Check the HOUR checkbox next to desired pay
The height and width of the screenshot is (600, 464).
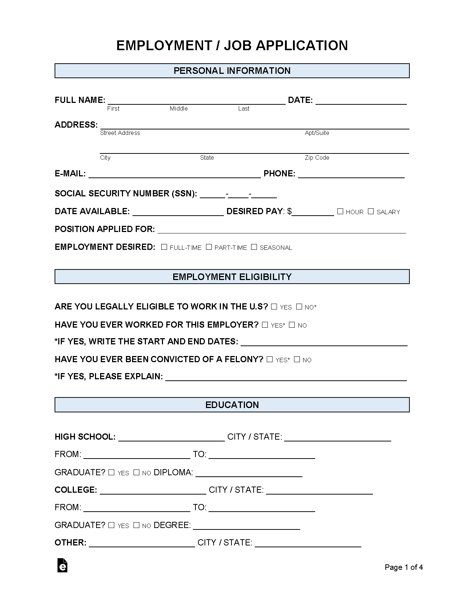(340, 211)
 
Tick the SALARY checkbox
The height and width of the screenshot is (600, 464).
(371, 211)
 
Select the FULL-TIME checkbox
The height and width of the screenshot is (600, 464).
(164, 247)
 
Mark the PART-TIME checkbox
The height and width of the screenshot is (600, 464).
(209, 247)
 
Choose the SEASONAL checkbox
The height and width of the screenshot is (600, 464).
(254, 247)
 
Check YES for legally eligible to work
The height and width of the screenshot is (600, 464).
(274, 307)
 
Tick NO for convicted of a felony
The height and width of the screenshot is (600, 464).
(297, 359)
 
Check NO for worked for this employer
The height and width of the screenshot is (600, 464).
(292, 325)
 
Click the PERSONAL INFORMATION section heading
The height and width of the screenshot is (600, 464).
(232, 71)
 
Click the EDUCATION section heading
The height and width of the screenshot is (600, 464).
(232, 405)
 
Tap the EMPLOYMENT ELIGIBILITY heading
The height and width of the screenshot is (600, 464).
(232, 277)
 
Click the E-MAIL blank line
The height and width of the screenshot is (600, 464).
(175, 175)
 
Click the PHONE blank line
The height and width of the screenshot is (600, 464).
(351, 175)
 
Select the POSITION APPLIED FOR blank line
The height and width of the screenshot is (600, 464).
(282, 230)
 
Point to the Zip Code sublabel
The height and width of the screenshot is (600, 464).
(317, 157)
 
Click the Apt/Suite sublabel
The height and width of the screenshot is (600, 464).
(317, 133)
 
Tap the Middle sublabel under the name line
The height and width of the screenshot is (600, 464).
(179, 108)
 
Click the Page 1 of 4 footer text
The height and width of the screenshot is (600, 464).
(404, 567)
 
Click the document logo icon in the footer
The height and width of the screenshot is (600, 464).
(63, 565)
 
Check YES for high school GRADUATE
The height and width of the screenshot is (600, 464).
(111, 472)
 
